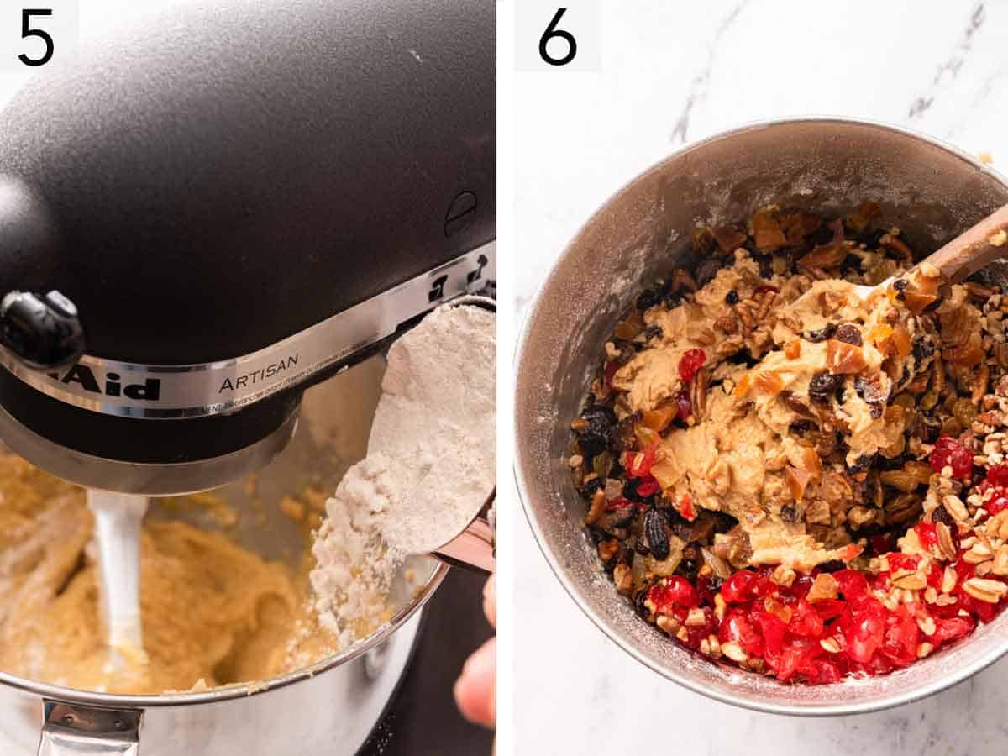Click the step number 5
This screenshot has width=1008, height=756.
pyautogui.click(x=35, y=38)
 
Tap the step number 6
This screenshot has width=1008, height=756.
pyautogui.click(x=558, y=37)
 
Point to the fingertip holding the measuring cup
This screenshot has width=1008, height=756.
pyautogui.click(x=477, y=680)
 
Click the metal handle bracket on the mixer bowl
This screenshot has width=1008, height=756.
pyautogui.click(x=88, y=727)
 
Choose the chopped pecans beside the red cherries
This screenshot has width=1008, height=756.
pyautogui.click(x=966, y=546)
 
